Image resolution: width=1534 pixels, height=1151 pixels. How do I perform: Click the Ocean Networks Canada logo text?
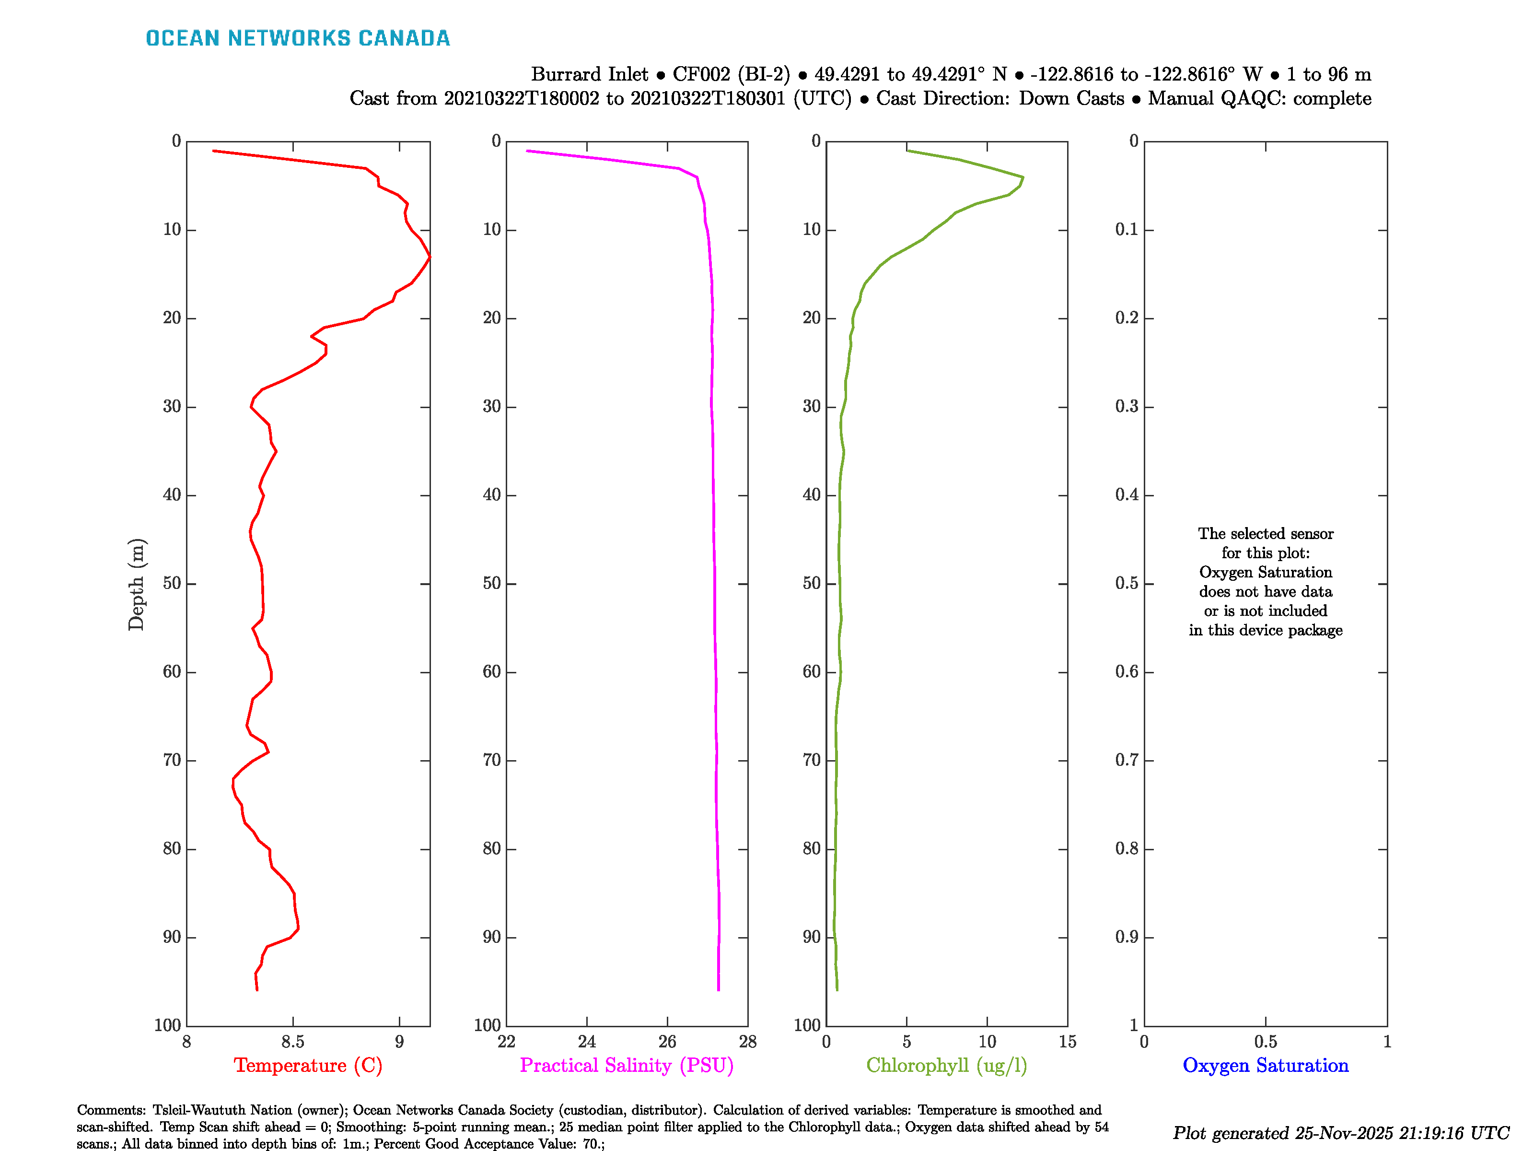298,38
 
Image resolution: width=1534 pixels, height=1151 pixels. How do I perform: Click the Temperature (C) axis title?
308,1065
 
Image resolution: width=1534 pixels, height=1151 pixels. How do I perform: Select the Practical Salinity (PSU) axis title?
626,1065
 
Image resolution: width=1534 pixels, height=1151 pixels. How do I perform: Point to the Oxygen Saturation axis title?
1265,1065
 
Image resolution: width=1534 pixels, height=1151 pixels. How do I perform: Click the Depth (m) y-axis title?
136,584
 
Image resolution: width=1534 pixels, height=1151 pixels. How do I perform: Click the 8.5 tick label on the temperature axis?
292,1041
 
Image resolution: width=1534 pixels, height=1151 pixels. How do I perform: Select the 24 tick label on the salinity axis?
587,1041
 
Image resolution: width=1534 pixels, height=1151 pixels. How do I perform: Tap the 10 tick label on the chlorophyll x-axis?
987,1041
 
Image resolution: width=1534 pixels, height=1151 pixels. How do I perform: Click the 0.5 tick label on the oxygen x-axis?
1265,1041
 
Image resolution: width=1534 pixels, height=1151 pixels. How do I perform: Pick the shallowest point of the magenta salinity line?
527,151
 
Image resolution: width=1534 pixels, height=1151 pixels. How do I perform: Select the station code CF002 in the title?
701,74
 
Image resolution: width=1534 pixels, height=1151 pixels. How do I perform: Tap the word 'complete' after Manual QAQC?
1332,98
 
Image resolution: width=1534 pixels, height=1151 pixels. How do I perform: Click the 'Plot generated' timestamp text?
1340,1133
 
